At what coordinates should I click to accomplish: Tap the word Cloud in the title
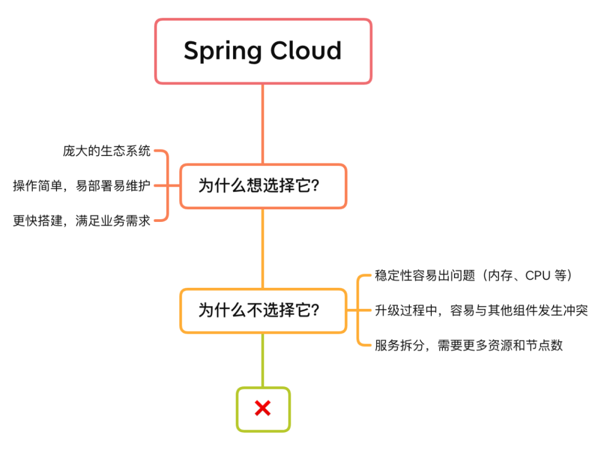tap(306, 51)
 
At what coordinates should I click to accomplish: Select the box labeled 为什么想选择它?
tap(263, 186)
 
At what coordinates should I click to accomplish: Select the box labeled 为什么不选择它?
tap(263, 310)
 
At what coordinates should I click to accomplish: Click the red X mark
tap(262, 409)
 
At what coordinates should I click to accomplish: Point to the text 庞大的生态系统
tap(106, 151)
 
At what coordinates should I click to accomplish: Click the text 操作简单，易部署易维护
tap(81, 186)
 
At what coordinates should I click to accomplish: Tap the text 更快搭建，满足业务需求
tap(81, 221)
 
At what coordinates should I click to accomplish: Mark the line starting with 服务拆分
tap(468, 345)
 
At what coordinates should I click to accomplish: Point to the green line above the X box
tap(262, 360)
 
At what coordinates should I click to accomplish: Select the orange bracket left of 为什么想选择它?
tap(167, 186)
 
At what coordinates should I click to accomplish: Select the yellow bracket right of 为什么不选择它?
tap(359, 310)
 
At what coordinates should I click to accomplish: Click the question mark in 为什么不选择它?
tap(315, 310)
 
